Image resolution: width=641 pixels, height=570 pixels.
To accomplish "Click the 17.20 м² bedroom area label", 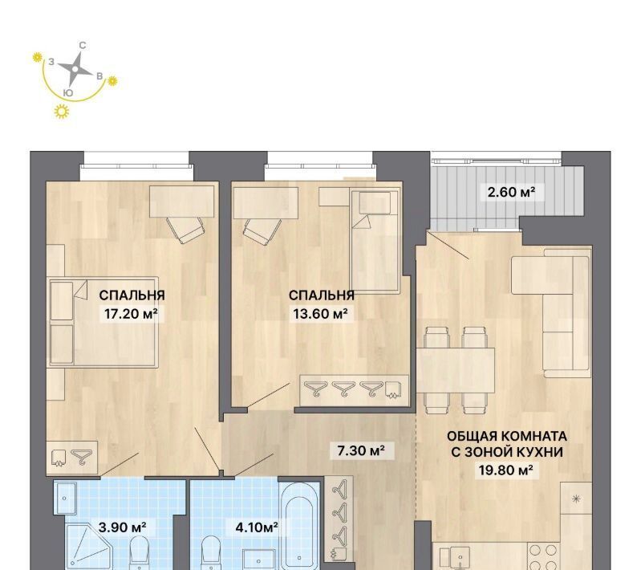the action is tap(131, 314).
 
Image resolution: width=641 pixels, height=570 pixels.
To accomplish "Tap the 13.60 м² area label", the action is tap(321, 314).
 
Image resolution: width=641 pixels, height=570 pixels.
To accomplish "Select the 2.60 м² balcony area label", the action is tap(511, 192).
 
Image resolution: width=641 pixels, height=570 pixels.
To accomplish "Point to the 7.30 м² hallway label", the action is tap(360, 451).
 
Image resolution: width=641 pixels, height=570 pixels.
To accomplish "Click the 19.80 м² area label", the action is tap(506, 470).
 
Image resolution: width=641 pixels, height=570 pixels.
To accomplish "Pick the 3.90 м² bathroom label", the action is tap(122, 527).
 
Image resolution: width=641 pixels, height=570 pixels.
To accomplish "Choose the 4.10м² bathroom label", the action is tap(257, 527).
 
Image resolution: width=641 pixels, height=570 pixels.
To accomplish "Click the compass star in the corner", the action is tap(75, 69).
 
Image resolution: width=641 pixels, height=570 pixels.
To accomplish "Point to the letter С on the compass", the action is tap(82, 46).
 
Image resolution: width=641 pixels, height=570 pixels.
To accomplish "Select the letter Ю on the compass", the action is tap(69, 93).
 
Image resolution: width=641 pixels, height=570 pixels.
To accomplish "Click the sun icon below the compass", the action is tap(62, 112).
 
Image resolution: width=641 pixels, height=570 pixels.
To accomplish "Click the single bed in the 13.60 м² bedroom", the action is tap(375, 241).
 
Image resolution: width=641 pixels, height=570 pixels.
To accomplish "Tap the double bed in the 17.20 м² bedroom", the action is tap(103, 322).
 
